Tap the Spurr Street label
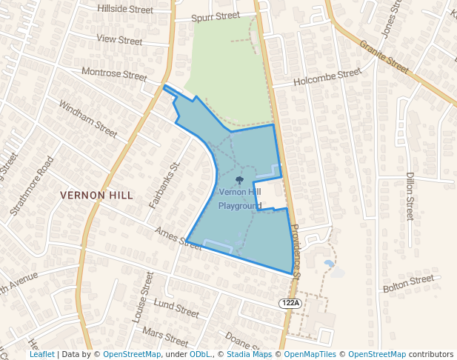pos(216,16)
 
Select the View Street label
pos(119,40)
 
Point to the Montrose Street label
pos(114,75)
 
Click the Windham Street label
pos(88,119)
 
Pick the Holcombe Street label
pos(327,77)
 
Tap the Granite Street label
pos(385,57)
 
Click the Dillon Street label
pos(409,196)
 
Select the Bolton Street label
pos(408,283)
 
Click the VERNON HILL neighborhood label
pos(96,196)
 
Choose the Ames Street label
pos(179,238)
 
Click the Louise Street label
pos(142,297)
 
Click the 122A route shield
pos(290,304)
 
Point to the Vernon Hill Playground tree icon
pos(239,180)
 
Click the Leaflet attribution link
pos(41,354)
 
